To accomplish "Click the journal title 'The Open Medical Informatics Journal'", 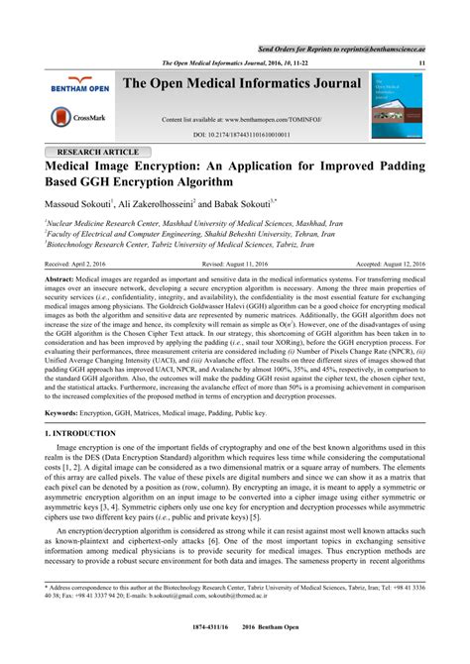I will [241, 86].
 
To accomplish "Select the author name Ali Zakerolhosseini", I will [158, 203].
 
